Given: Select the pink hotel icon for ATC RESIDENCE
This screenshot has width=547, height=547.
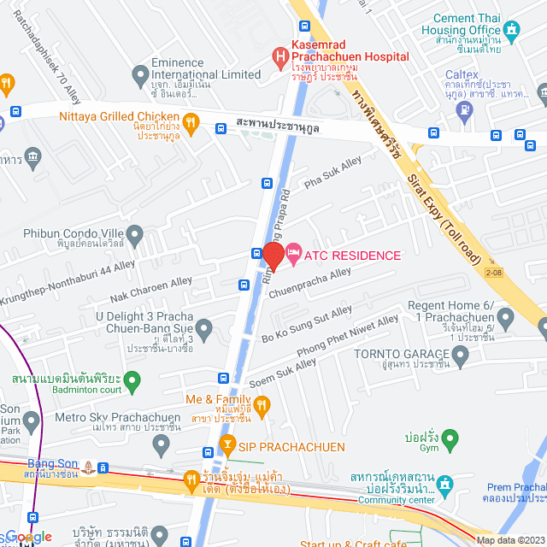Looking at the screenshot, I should [293, 251].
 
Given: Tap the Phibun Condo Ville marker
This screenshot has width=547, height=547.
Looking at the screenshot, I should [134, 233].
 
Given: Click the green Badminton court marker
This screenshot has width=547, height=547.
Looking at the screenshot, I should [132, 379].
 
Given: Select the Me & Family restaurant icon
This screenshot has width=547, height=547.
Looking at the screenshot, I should [262, 404].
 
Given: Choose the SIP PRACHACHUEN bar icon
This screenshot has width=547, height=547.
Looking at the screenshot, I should [227, 444].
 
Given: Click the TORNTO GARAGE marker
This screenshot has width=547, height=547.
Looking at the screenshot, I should [462, 357].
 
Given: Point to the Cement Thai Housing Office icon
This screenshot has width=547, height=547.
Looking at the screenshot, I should [512, 32].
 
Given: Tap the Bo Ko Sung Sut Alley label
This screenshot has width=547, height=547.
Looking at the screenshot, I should [306, 325].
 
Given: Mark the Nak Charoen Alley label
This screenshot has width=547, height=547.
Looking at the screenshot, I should [151, 290].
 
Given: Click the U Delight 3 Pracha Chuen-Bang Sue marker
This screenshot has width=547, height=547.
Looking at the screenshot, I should [203, 328].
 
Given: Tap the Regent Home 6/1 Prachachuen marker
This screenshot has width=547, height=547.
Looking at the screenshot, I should [505, 320].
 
